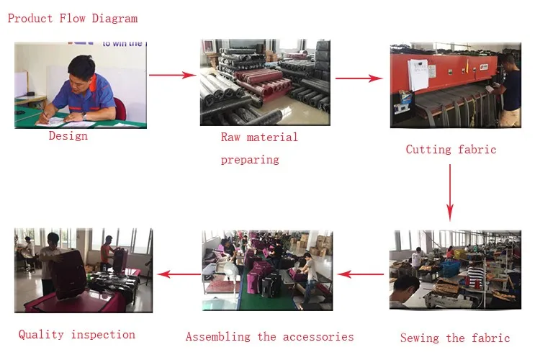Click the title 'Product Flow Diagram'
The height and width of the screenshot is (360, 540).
(x=72, y=19)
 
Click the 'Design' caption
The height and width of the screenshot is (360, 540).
(x=68, y=135)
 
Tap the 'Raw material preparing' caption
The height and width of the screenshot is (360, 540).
(x=258, y=148)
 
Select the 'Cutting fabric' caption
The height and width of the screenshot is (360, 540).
(x=451, y=150)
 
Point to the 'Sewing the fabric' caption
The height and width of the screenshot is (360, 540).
(x=454, y=338)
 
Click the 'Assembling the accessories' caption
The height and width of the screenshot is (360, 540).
(x=269, y=336)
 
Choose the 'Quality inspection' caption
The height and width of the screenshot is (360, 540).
(x=76, y=334)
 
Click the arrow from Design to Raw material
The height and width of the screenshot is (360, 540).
(x=173, y=75)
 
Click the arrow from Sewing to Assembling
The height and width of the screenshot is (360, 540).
(x=361, y=274)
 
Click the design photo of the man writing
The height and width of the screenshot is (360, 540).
(x=80, y=85)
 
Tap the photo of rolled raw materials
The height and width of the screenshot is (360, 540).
(x=264, y=82)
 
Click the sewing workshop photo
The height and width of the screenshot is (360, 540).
(x=455, y=270)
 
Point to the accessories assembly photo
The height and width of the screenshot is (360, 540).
(x=266, y=270)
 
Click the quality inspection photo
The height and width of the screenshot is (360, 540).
(x=83, y=270)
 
